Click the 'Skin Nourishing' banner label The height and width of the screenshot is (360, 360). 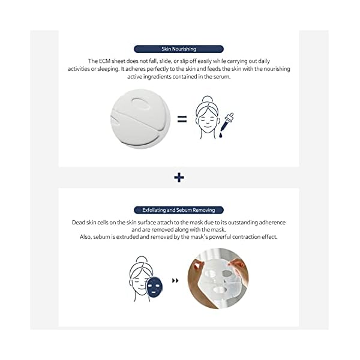point(179,49)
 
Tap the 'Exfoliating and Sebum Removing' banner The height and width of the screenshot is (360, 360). point(179,210)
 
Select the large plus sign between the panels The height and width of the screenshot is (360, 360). point(179,178)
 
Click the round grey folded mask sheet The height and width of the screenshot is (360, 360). point(140,118)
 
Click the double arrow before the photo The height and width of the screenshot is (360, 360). point(175,280)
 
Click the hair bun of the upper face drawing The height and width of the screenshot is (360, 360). point(207,100)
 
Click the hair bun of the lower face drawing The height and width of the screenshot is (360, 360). point(142,260)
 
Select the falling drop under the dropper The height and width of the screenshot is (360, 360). point(222,136)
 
